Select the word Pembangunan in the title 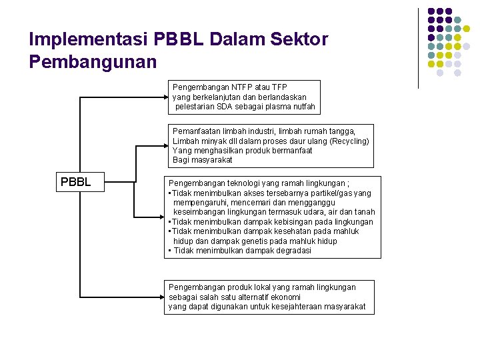coord(93,63)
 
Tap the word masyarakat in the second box coord(212,160)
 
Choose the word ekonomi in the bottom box coord(284,297)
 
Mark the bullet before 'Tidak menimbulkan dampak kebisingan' coord(170,222)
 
